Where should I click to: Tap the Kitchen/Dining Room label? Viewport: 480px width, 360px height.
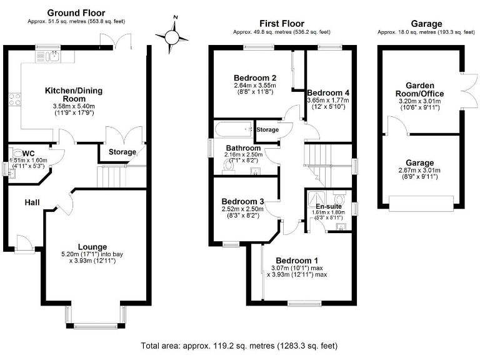pos(73,94)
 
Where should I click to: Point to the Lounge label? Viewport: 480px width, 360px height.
pos(92,246)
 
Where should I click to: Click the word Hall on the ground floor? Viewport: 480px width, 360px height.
pos(32,202)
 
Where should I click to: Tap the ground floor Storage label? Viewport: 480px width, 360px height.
pos(122,152)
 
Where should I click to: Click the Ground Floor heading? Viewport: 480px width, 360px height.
pos(76,12)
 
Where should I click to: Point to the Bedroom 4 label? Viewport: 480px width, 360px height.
pos(327,92)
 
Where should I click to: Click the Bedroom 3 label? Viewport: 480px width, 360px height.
pos(242,201)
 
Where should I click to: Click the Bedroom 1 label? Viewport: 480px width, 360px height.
pos(297,260)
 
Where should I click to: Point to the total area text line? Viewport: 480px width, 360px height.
pos(240,344)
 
